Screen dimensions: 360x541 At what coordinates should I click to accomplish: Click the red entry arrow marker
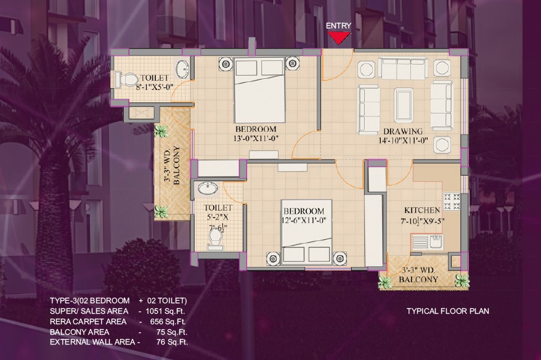click(x=338, y=38)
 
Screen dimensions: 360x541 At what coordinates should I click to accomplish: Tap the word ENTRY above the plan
click(x=338, y=26)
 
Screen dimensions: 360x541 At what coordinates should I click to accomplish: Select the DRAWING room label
click(x=403, y=131)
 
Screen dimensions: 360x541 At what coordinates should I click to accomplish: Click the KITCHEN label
click(x=423, y=210)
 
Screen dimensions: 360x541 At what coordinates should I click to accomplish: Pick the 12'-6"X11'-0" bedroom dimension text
click(x=304, y=220)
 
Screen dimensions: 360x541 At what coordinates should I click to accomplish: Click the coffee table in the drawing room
click(x=404, y=100)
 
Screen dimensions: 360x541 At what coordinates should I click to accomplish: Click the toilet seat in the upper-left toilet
click(x=126, y=80)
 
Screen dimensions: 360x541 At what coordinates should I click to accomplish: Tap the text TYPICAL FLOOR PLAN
click(x=447, y=311)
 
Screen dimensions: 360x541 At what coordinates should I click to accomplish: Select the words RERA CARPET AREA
click(x=88, y=321)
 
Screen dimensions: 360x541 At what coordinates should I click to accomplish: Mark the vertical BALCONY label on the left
click(x=176, y=165)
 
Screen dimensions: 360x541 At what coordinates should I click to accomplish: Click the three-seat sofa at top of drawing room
click(x=404, y=68)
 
